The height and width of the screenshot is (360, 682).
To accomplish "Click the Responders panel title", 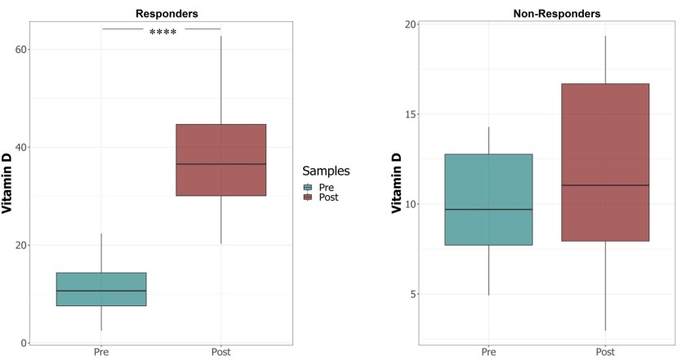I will point(166,13).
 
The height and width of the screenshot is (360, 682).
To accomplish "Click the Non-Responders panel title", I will point(556,13).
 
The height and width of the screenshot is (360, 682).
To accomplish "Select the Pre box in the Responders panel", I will point(101,289).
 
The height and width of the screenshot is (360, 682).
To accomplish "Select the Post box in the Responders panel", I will point(221,160).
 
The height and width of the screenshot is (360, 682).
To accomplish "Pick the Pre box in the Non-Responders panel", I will point(488,199).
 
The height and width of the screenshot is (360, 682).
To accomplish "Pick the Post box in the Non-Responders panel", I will point(605,162).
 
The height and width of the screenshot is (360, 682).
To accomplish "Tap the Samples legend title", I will point(326,171).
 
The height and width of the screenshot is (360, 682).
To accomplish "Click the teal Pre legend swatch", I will point(308,187).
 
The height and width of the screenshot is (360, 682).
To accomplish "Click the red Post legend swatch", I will point(308,197).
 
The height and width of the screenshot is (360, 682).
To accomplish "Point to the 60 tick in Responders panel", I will point(19,49).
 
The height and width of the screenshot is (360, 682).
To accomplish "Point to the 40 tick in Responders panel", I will point(19,147).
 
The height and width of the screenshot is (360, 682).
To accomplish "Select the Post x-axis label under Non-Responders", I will point(605,353).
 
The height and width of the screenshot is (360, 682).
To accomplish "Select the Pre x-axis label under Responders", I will point(101,353).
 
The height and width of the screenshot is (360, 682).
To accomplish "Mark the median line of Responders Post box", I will point(221,164).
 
